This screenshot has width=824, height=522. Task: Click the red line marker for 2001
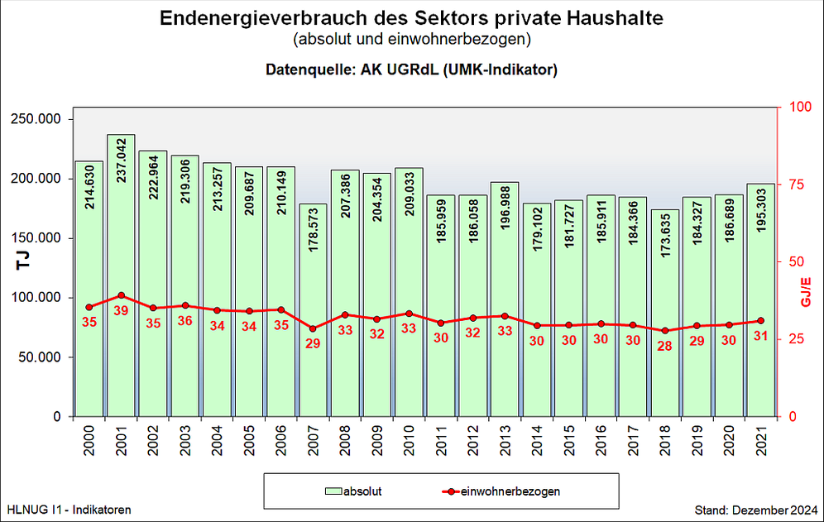[x=121, y=295]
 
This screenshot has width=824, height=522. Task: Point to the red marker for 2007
[x=313, y=328]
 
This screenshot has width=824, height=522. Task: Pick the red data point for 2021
[x=760, y=321]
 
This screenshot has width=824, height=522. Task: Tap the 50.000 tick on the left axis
[x=44, y=357]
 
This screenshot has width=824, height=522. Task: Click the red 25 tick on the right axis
[x=796, y=339]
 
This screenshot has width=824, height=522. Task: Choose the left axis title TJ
[x=22, y=262]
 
